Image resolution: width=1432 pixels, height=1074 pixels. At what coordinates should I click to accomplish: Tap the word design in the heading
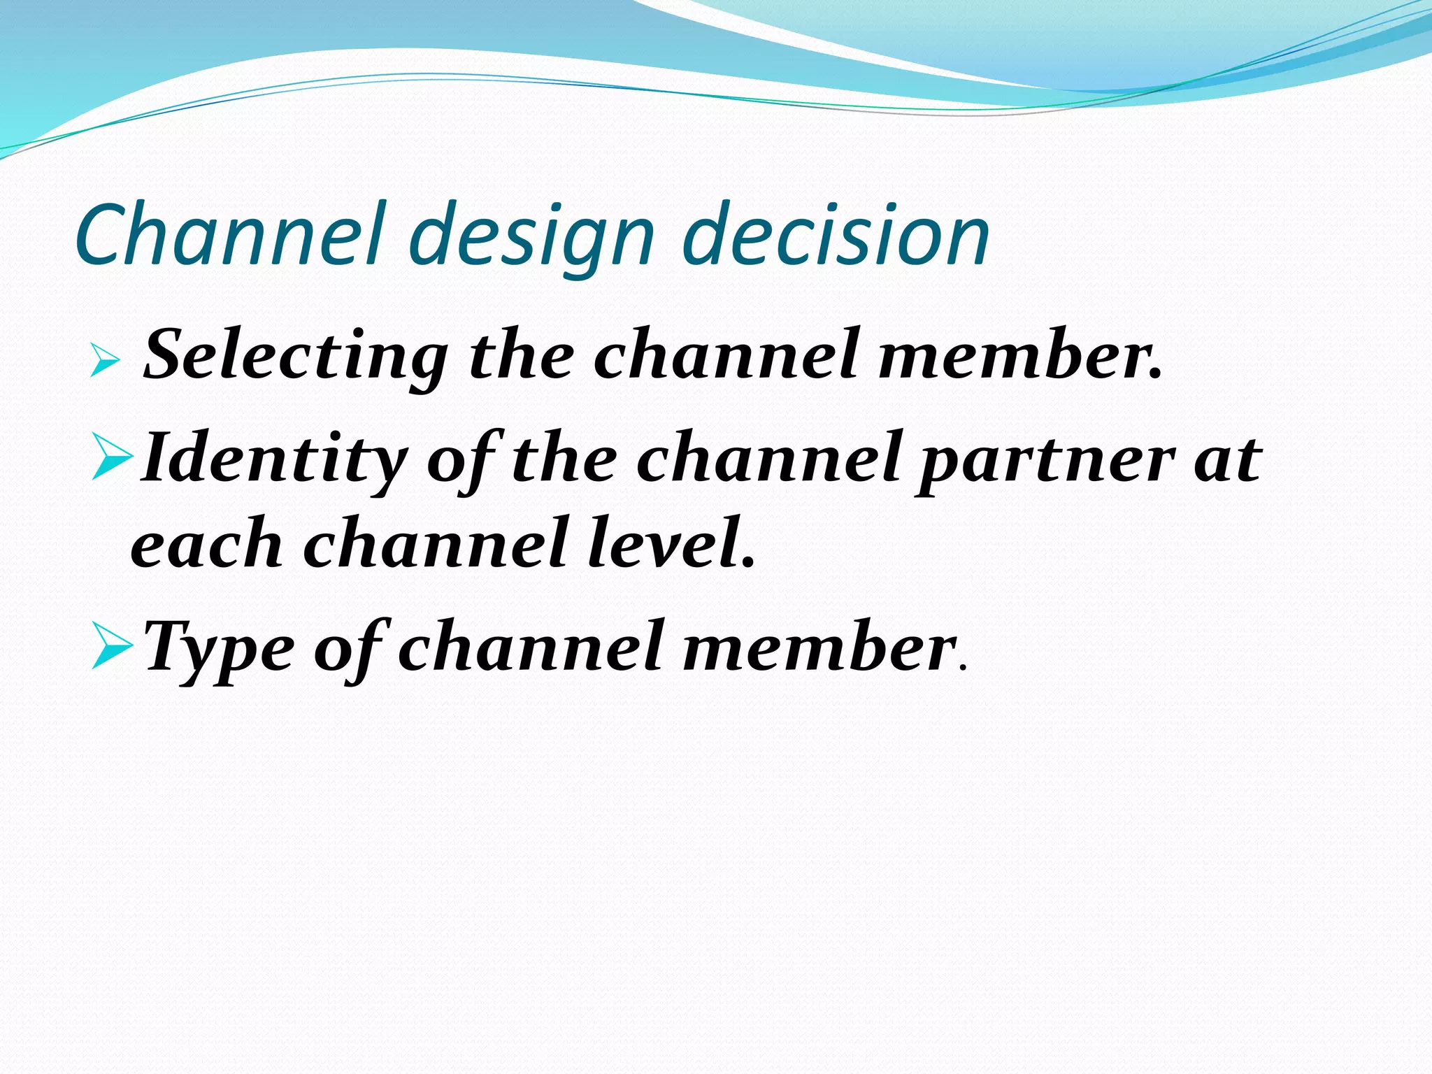pyautogui.click(x=536, y=238)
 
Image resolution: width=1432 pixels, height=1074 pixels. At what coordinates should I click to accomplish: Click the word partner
pyautogui.click(x=1045, y=461)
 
